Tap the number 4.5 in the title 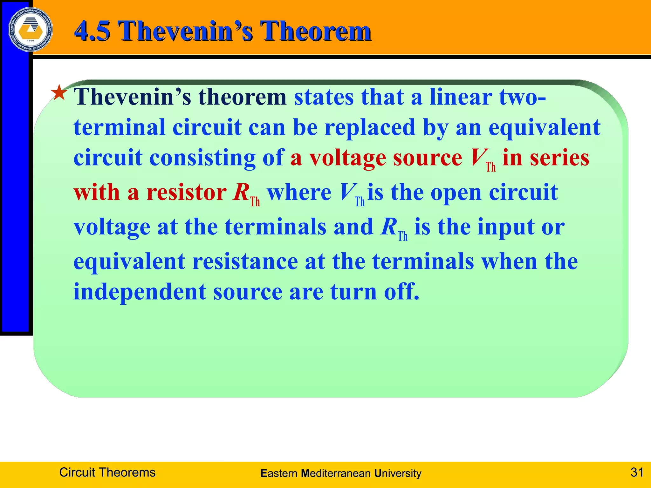(x=92, y=31)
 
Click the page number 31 (x=637, y=472)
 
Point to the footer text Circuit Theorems (x=107, y=472)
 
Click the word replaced (x=370, y=127)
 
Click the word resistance (x=245, y=261)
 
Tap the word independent (x=140, y=292)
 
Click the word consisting (x=202, y=158)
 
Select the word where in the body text (x=299, y=193)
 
